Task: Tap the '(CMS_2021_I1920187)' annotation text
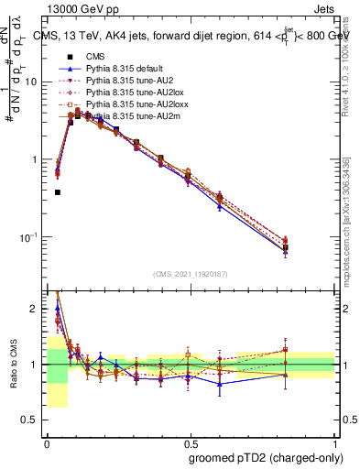coord(191,274)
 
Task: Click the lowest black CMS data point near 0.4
coord(58,192)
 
